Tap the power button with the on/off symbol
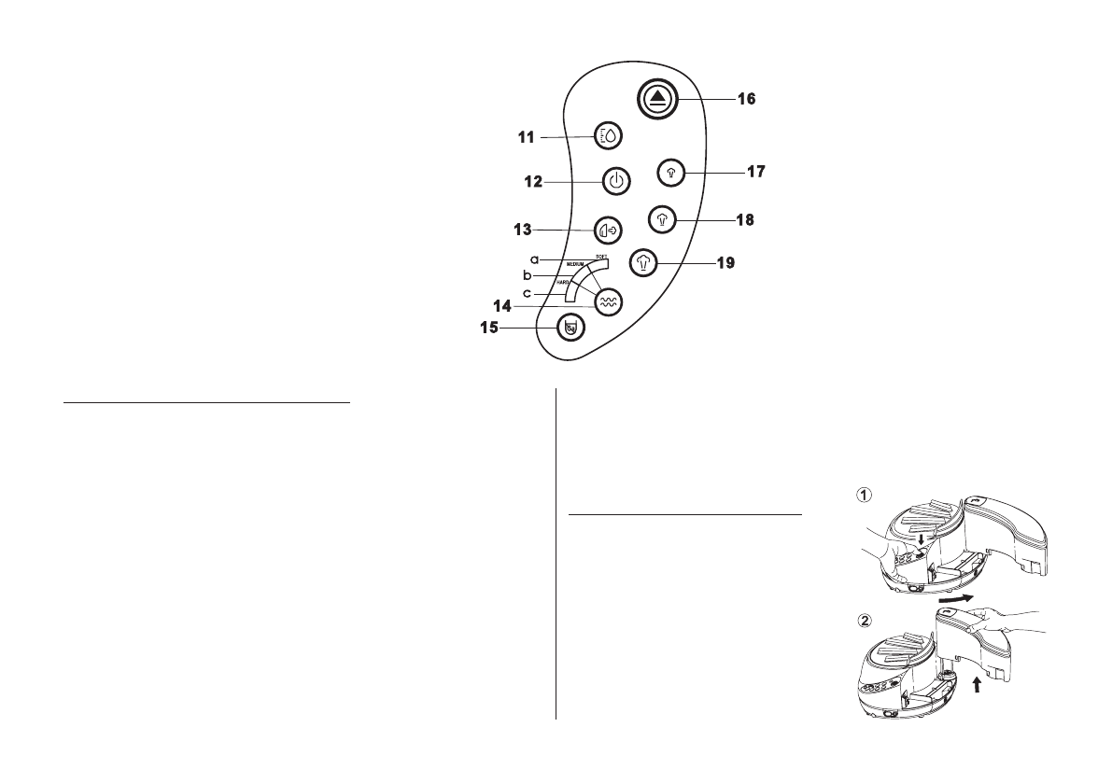coord(614,181)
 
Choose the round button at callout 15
coord(570,328)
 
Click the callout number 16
coord(744,97)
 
